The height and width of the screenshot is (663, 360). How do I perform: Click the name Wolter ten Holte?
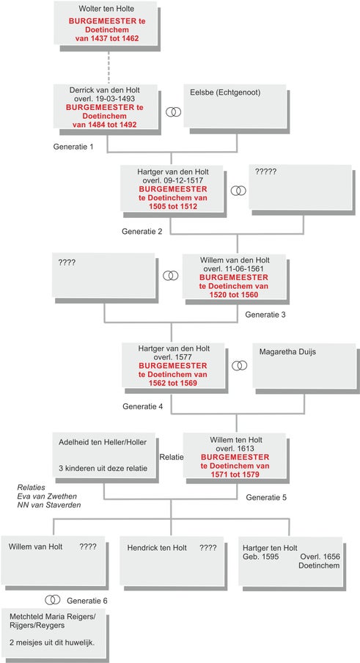click(105, 9)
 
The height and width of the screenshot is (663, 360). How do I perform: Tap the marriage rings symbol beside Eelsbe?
click(173, 111)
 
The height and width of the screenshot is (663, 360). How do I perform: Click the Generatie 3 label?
click(265, 315)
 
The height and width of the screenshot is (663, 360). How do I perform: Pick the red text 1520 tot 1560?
click(234, 295)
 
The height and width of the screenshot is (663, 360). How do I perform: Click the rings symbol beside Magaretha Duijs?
click(239, 365)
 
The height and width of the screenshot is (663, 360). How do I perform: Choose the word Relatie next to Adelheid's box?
click(171, 457)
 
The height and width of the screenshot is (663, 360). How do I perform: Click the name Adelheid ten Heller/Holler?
click(103, 442)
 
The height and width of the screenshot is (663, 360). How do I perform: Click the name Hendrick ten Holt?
click(157, 548)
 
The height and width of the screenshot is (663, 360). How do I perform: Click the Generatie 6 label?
click(87, 601)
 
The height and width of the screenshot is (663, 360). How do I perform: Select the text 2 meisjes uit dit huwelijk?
click(51, 642)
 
